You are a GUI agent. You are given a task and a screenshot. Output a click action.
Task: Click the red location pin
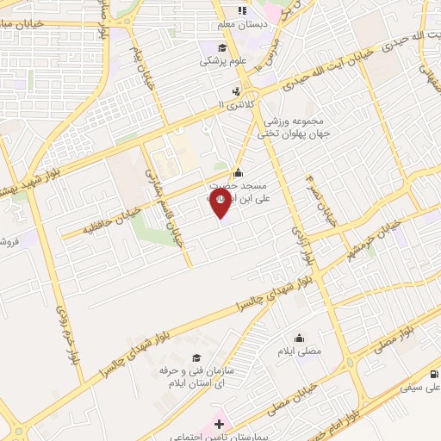point(220,201)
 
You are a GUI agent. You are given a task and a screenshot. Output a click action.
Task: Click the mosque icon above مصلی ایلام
point(299,337)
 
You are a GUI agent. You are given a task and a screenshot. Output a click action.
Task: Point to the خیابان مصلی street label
point(283,407)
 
